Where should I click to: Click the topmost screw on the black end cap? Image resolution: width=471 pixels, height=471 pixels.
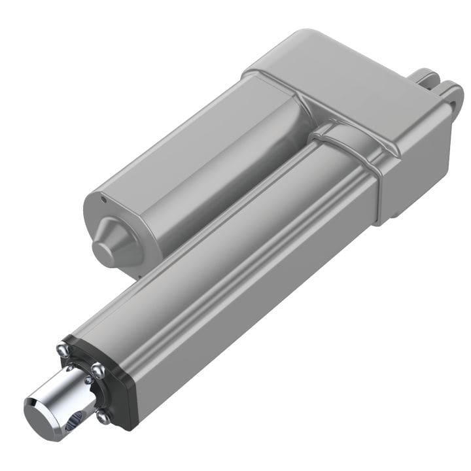63,350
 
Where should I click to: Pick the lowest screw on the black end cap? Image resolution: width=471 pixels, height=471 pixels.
103,415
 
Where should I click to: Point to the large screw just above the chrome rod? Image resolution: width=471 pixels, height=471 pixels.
97,372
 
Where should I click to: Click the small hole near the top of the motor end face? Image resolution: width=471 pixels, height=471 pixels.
104,196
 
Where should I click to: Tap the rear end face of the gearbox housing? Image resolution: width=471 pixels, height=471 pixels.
419,164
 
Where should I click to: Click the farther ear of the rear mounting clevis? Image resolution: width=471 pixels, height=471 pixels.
425,75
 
